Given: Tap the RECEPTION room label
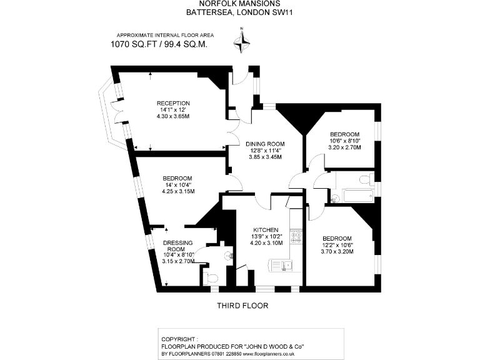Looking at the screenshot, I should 173,103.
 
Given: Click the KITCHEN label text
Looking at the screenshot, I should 265,229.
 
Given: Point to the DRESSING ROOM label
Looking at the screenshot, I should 177,246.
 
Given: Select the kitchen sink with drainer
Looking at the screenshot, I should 282,266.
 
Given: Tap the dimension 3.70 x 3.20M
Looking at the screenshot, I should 337,252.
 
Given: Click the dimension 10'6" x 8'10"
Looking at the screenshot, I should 344,141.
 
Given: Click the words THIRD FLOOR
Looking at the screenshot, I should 242,306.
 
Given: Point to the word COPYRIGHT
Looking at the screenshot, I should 177,338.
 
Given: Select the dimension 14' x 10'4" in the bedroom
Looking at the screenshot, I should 178,185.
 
